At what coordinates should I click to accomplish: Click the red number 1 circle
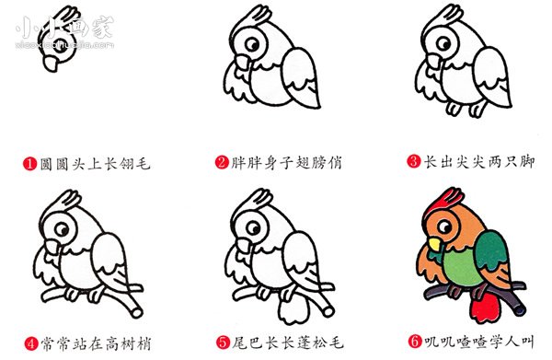point(30,164)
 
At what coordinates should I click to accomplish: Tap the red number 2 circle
point(222,162)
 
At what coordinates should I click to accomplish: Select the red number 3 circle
point(414,161)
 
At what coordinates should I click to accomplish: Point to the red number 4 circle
point(31,343)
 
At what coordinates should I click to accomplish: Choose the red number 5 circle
point(223,342)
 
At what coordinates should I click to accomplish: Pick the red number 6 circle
point(415,342)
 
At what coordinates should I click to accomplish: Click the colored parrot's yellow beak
point(434,244)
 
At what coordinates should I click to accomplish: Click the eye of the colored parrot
point(444,226)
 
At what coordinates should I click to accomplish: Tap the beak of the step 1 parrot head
point(52,64)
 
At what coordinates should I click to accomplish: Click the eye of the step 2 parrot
point(252,44)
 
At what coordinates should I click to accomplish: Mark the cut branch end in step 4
point(137,312)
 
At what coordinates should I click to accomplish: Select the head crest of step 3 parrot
point(443,17)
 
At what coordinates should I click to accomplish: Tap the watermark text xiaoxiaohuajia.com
point(64,45)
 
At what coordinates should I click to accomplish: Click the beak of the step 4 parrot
point(52,246)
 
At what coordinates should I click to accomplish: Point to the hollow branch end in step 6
point(520,310)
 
